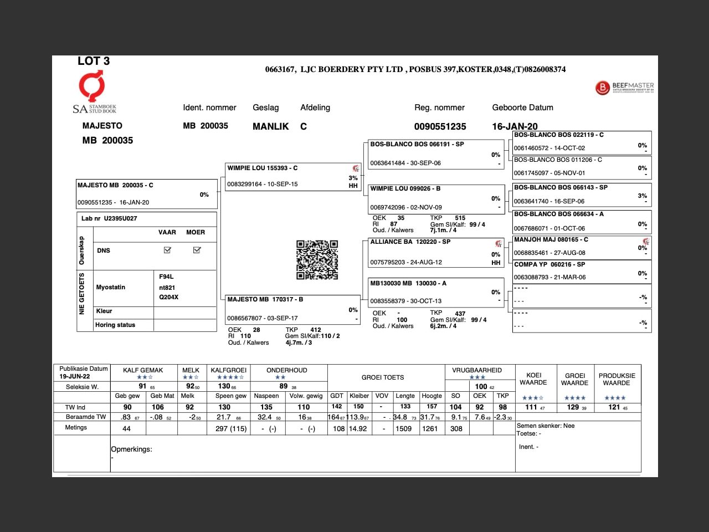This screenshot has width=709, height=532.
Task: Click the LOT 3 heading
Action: pyautogui.click(x=94, y=61)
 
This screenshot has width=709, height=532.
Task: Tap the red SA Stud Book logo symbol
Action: pyautogui.click(x=91, y=86)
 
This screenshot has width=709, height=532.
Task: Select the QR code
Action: pyautogui.click(x=317, y=259)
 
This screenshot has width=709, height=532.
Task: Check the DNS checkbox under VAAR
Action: pyautogui.click(x=167, y=250)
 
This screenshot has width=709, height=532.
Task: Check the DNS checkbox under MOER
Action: pyautogui.click(x=197, y=250)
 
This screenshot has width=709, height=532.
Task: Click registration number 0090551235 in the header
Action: pyautogui.click(x=440, y=127)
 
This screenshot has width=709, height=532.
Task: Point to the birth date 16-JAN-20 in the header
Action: pyautogui.click(x=515, y=127)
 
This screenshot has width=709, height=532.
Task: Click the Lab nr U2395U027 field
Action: pyautogui.click(x=109, y=218)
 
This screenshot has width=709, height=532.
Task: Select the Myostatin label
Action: pyautogui.click(x=111, y=287)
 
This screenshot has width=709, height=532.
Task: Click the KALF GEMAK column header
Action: pyautogui.click(x=143, y=370)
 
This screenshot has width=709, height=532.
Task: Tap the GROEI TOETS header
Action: pyautogui.click(x=383, y=377)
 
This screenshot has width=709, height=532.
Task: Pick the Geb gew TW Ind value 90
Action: pyautogui.click(x=127, y=407)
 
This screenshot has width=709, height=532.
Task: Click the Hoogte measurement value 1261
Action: pyautogui.click(x=430, y=428)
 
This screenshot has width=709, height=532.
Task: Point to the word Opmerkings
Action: pyautogui.click(x=131, y=449)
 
